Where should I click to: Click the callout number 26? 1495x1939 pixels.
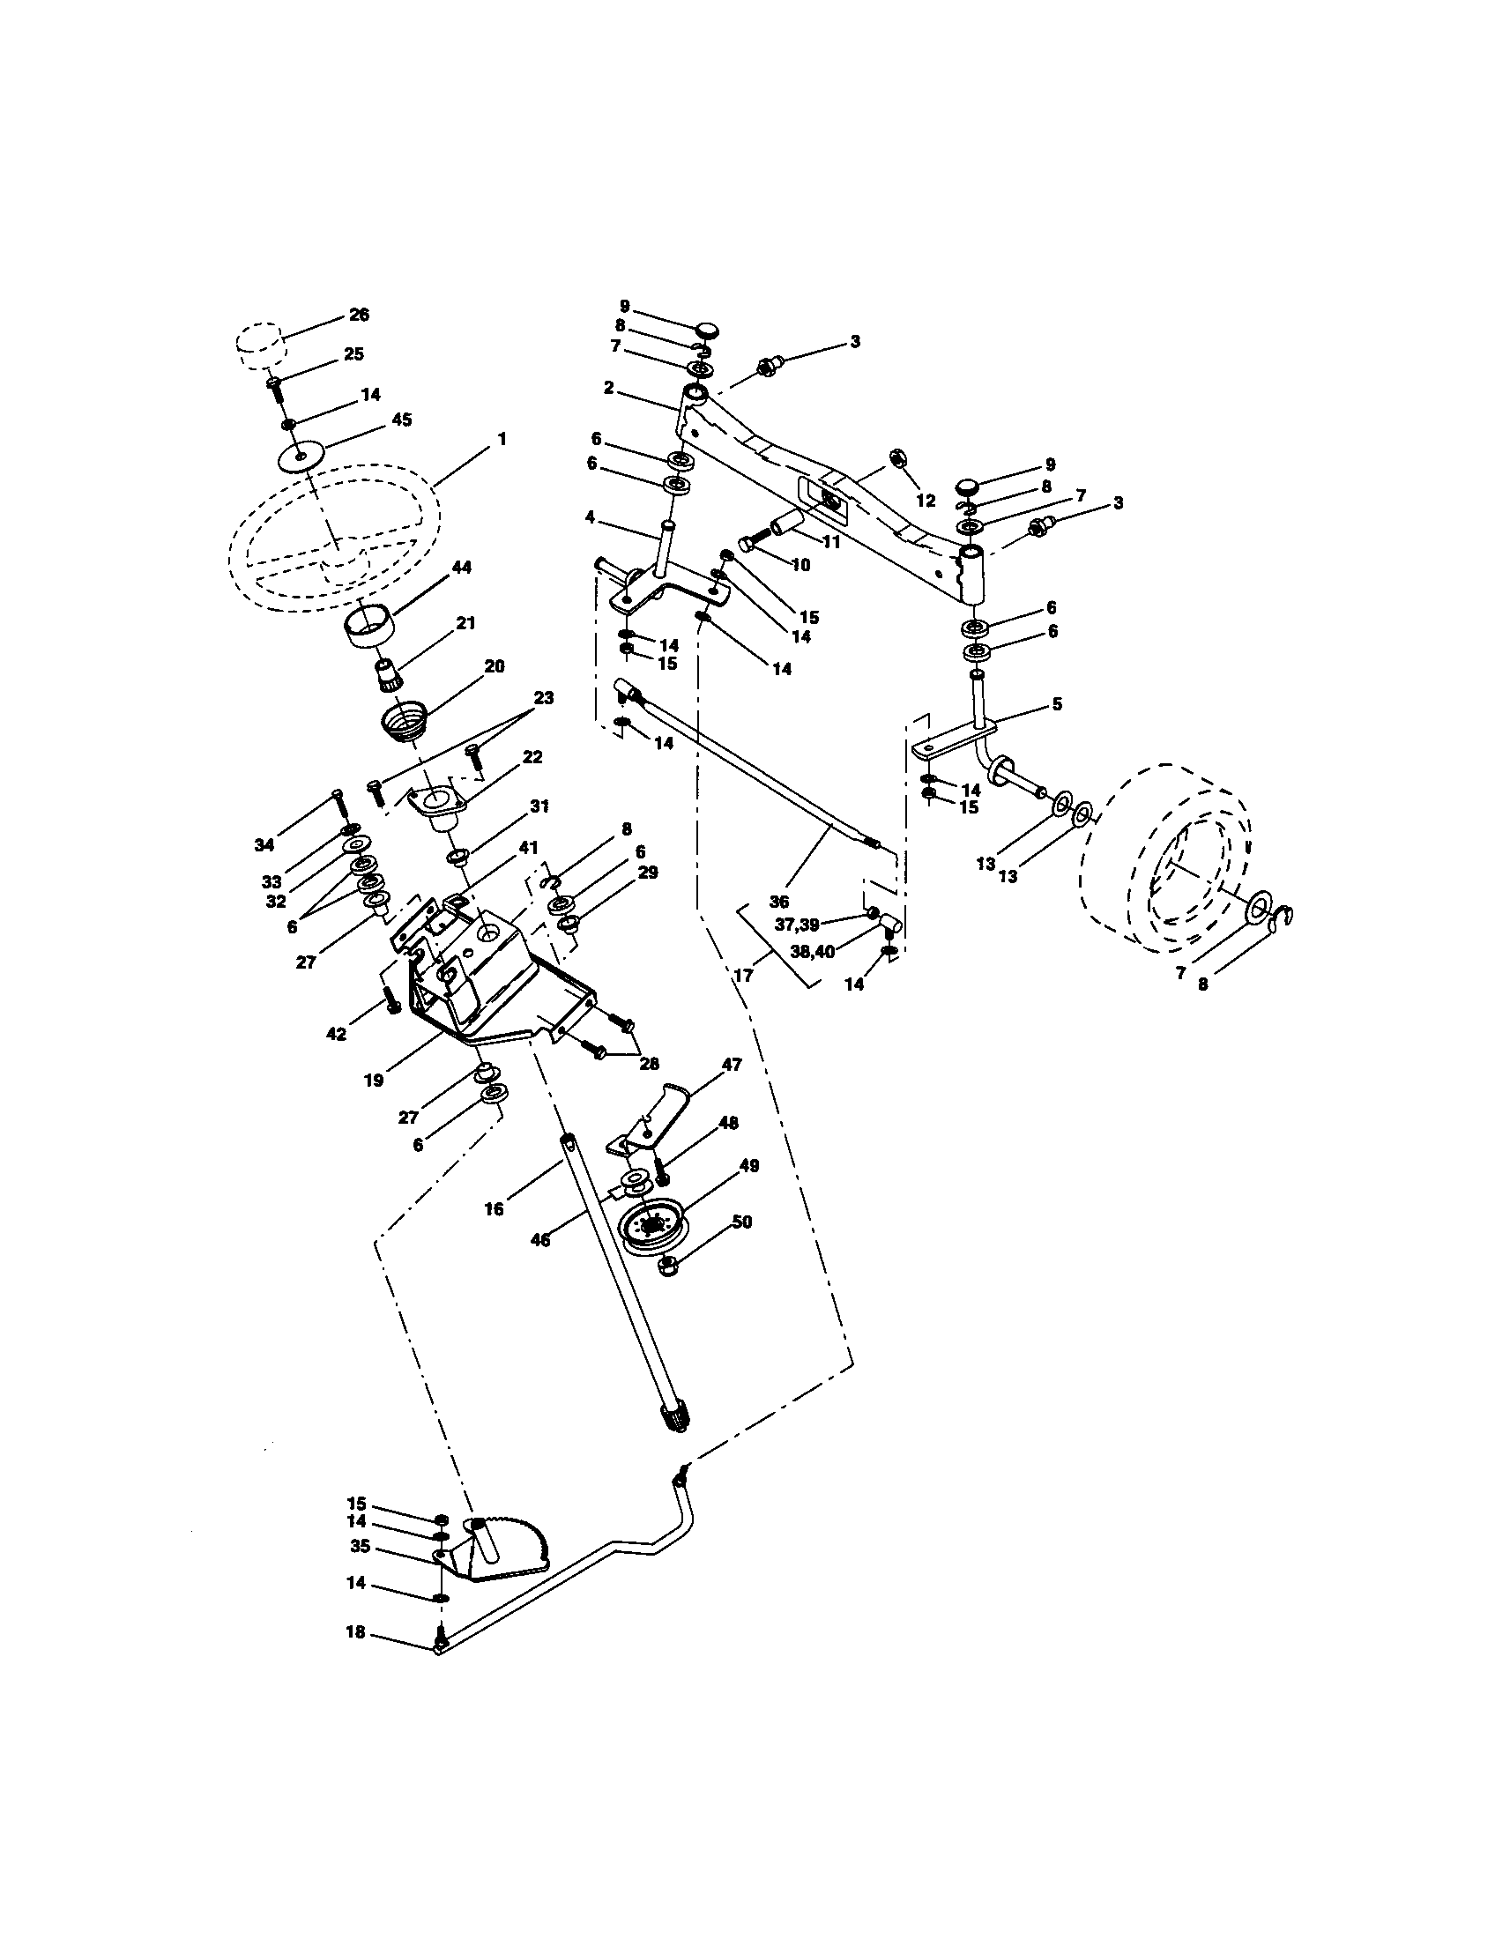pyautogui.click(x=359, y=315)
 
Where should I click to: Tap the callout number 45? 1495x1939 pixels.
pyautogui.click(x=401, y=420)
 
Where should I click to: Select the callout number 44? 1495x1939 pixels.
pyautogui.click(x=462, y=567)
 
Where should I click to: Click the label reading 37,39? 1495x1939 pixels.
pyautogui.click(x=795, y=925)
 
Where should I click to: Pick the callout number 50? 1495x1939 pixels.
pyautogui.click(x=742, y=1222)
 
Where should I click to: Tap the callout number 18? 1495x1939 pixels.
pyautogui.click(x=354, y=1632)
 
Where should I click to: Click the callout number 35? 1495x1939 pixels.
pyautogui.click(x=360, y=1546)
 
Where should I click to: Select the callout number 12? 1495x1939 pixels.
pyautogui.click(x=926, y=501)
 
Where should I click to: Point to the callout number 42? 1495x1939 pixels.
pyautogui.click(x=336, y=1035)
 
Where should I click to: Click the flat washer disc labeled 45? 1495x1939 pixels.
pyautogui.click(x=301, y=457)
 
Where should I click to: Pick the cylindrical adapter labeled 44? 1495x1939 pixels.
pyautogui.click(x=370, y=625)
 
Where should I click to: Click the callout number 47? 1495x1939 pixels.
pyautogui.click(x=732, y=1064)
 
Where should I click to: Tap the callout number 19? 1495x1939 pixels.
pyautogui.click(x=373, y=1081)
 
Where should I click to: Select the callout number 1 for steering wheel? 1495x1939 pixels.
pyautogui.click(x=502, y=439)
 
